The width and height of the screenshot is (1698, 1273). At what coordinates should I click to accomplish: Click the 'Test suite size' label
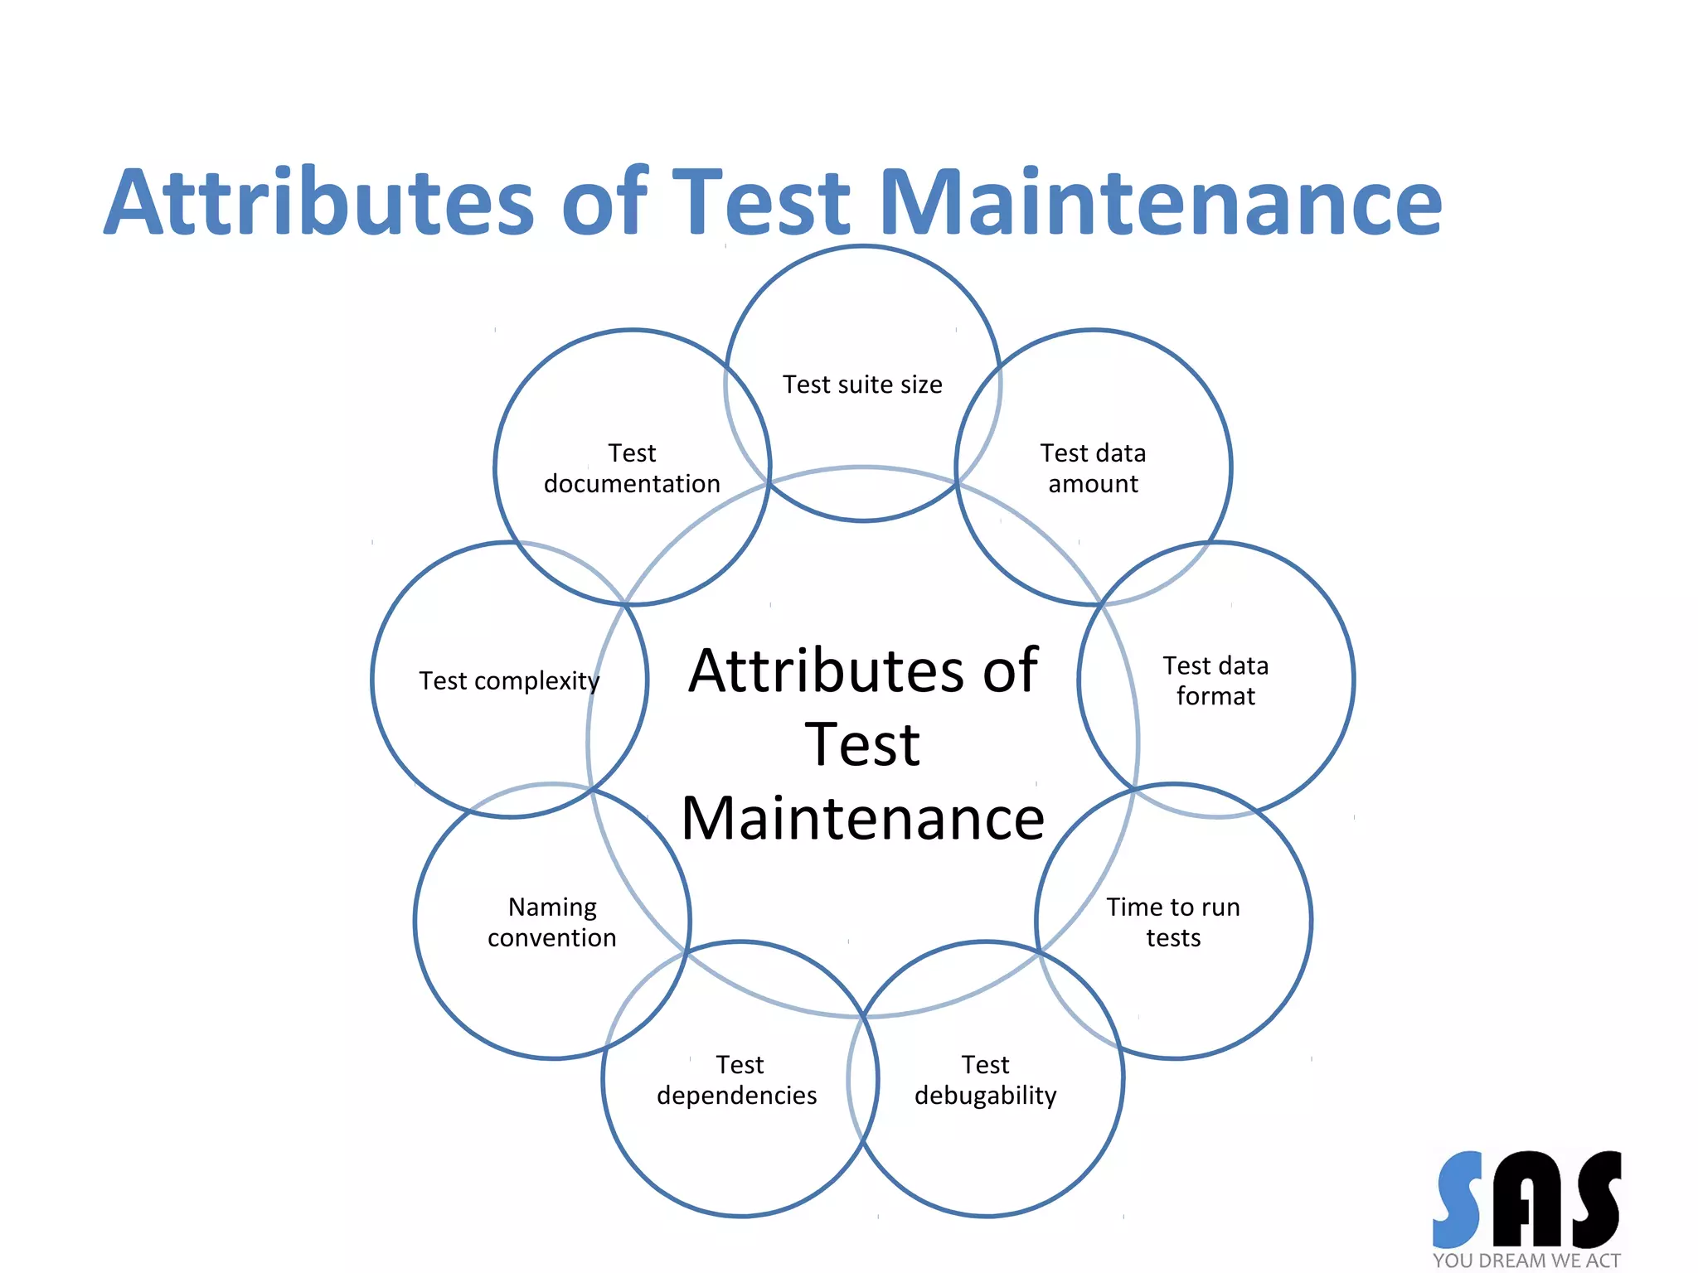click(862, 385)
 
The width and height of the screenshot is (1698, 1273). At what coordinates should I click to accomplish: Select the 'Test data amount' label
click(1093, 468)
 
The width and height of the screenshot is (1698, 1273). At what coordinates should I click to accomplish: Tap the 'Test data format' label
click(1215, 680)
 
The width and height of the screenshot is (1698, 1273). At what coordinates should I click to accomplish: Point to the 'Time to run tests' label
click(1173, 922)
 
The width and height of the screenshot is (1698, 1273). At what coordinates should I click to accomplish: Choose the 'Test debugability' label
click(985, 1079)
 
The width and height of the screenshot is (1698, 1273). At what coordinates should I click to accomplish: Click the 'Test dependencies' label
click(737, 1079)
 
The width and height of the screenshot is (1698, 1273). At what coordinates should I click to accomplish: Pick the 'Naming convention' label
click(552, 922)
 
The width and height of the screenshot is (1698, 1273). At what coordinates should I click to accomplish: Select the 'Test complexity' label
click(509, 680)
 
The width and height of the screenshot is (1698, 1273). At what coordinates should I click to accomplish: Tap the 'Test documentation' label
click(632, 468)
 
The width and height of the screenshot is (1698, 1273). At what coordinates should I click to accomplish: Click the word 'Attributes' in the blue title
click(320, 202)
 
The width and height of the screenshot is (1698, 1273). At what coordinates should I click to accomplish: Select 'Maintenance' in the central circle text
click(862, 819)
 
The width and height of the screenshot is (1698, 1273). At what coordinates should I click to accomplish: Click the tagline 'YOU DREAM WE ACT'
click(1526, 1261)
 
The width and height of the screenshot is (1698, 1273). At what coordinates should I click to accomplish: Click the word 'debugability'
click(985, 1096)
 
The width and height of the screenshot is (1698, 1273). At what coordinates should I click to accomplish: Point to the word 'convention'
click(552, 938)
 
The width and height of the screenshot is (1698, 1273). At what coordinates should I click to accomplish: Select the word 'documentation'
click(632, 484)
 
